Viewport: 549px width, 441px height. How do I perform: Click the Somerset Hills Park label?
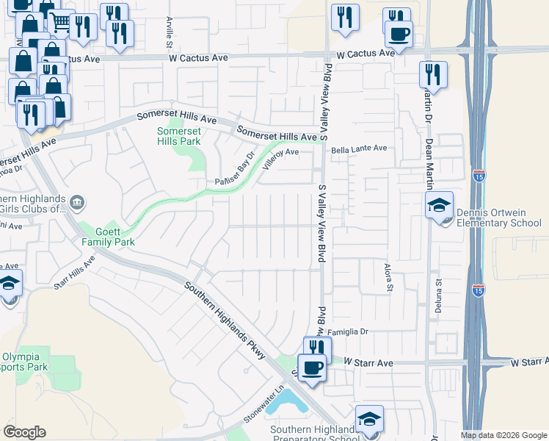[x=178, y=136]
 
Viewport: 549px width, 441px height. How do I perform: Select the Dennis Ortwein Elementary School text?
[x=498, y=218]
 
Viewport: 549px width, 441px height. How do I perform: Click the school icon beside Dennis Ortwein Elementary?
[x=439, y=205]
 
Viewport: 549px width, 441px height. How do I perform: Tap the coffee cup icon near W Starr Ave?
[x=313, y=367]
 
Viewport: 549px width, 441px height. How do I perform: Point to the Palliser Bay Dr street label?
[x=234, y=169]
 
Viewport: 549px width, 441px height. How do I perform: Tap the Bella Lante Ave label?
[x=359, y=148]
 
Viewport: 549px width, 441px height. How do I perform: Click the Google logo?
[x=24, y=432]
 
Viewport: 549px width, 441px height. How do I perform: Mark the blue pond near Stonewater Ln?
[x=288, y=401]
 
